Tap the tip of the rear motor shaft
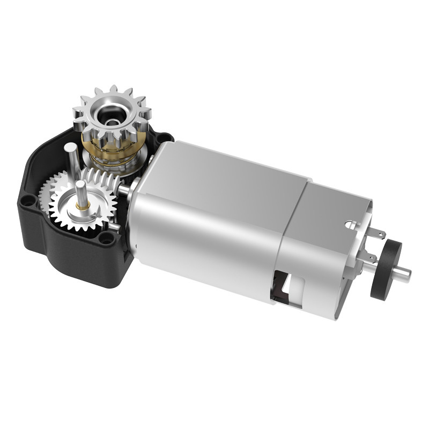(408, 275)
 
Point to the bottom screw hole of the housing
(107, 238)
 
